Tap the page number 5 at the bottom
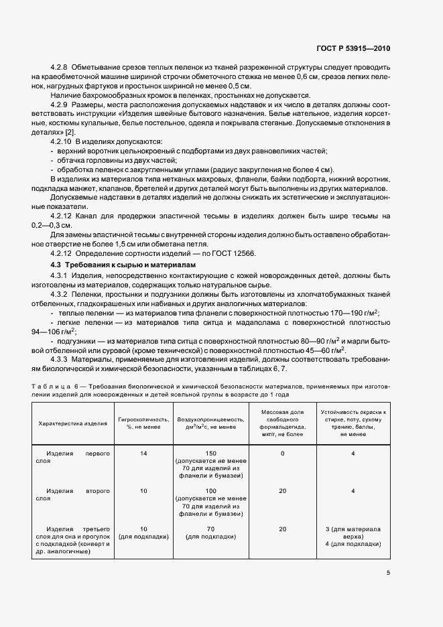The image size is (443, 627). pos(388,573)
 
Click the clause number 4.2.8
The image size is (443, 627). pos(60,68)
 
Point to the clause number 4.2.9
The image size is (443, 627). pos(60,106)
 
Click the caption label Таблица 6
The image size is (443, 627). pos(57,387)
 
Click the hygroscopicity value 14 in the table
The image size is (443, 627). pos(143,454)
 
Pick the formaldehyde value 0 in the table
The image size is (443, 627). pos(282,454)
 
